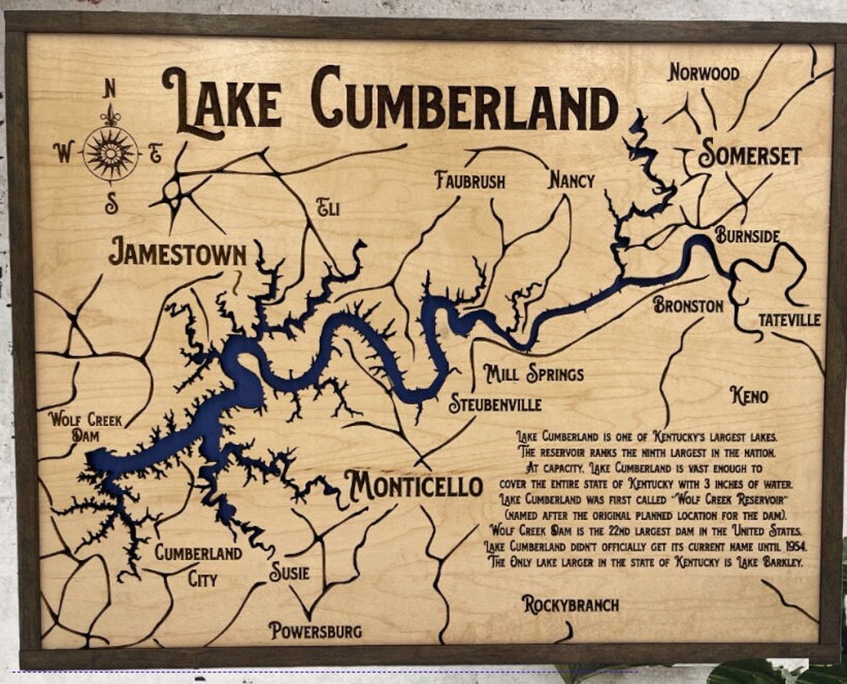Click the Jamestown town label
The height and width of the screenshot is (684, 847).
[177, 253]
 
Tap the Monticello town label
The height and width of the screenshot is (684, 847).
[414, 486]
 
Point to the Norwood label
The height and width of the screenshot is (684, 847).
[703, 73]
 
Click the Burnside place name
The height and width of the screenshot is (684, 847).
[747, 235]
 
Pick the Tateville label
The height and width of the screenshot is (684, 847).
[789, 320]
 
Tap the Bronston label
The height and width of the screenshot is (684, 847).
[688, 305]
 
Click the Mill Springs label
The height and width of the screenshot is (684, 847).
[533, 373]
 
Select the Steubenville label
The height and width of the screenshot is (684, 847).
[495, 405]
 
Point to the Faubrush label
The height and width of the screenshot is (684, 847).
[471, 180]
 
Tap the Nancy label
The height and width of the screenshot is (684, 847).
[571, 180]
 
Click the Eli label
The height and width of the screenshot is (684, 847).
[328, 208]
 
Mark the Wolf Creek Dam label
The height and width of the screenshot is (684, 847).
[85, 427]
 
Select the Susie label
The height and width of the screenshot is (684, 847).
[289, 573]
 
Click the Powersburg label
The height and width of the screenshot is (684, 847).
[315, 630]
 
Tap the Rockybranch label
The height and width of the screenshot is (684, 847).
[570, 605]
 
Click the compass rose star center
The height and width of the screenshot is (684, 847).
[111, 153]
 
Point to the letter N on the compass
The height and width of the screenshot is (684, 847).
[110, 89]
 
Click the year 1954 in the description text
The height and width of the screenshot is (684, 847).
[791, 546]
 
